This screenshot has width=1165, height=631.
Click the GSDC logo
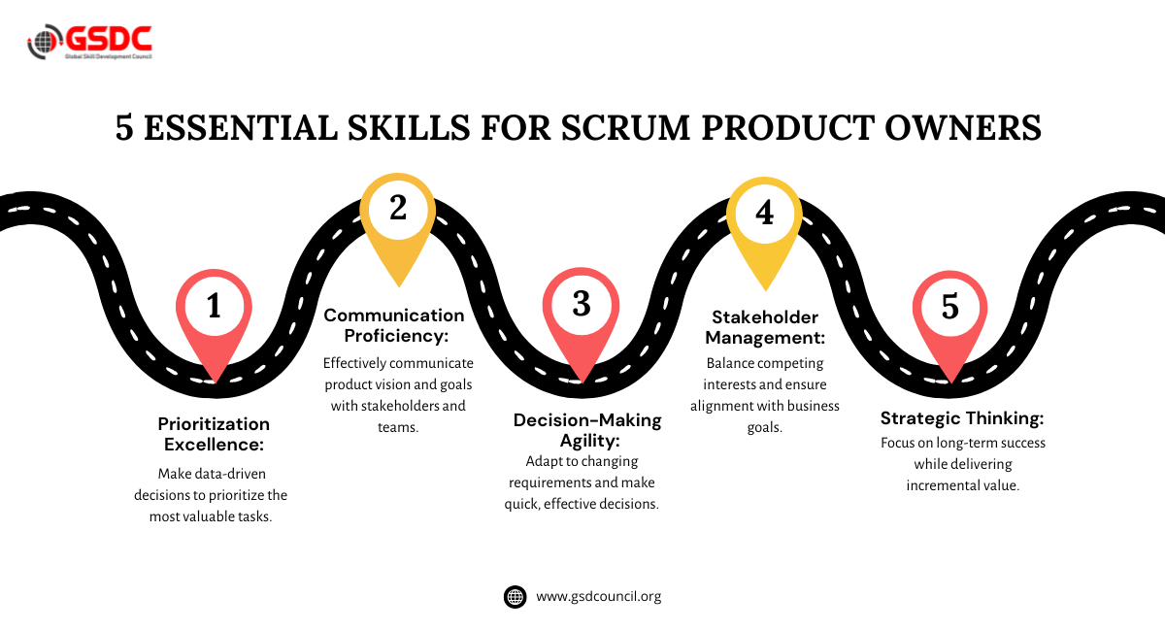click(x=89, y=42)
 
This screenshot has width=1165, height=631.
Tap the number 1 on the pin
click(x=214, y=307)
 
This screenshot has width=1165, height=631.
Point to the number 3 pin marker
click(x=581, y=307)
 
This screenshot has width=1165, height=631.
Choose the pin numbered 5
click(x=949, y=307)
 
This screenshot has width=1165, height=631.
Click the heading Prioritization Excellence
click(x=214, y=434)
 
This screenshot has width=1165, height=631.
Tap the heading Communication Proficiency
click(x=394, y=324)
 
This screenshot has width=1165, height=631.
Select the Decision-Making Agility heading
click(x=587, y=429)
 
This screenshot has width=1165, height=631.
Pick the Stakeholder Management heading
click(x=765, y=327)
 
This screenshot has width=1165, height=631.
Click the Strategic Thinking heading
click(x=962, y=418)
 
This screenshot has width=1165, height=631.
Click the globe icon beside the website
click(x=516, y=596)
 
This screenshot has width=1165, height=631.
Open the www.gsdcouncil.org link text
click(x=598, y=596)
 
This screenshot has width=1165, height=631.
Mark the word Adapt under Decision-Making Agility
click(x=544, y=461)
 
